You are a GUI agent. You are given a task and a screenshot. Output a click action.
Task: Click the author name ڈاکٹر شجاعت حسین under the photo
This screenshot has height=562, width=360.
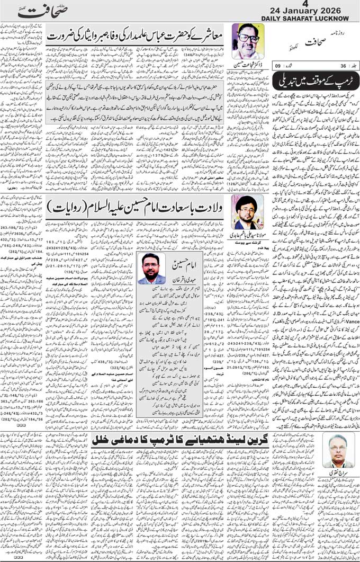click(x=245, y=64)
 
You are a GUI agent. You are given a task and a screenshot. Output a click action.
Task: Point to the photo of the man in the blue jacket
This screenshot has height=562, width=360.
click(x=151, y=268)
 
